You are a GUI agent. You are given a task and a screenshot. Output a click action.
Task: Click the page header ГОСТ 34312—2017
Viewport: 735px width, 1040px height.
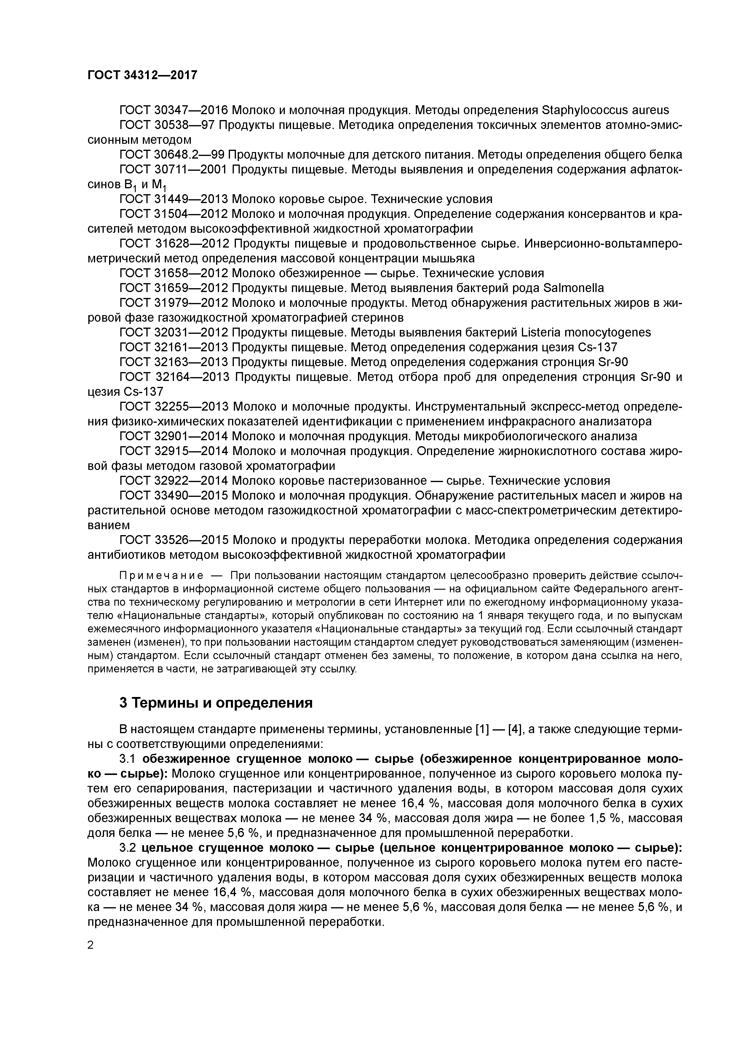(142, 75)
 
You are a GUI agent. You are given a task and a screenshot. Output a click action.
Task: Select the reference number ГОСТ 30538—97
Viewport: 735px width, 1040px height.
(167, 125)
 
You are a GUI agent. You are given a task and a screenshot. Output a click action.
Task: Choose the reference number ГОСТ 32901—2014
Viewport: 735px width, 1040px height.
(173, 436)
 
